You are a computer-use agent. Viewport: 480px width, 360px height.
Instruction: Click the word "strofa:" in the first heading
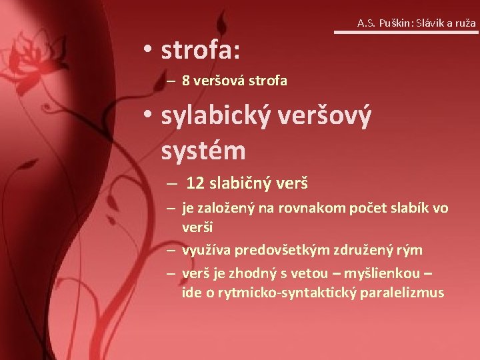click(x=201, y=49)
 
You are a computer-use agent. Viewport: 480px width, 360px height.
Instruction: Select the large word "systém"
click(x=203, y=150)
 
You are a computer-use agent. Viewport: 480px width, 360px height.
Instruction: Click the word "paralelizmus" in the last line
click(x=403, y=293)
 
